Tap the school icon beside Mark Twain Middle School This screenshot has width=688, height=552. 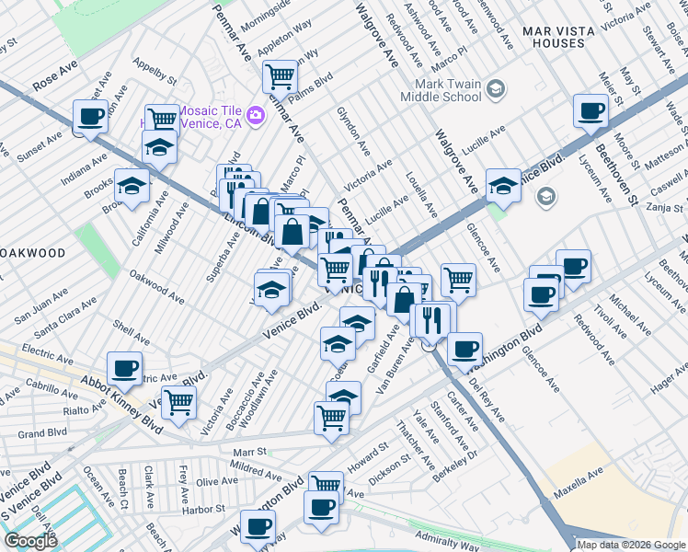[496, 89]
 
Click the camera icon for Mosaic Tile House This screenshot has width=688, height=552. [256, 114]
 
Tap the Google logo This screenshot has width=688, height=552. [32, 541]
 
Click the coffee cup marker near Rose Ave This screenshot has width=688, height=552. [90, 116]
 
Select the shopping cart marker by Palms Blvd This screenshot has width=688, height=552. [280, 75]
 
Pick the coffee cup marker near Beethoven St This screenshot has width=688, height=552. [590, 109]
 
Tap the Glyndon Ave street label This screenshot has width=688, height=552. [353, 134]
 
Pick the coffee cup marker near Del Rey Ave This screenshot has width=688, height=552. [465, 348]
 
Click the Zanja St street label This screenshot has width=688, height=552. [661, 207]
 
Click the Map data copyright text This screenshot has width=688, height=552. [631, 545]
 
